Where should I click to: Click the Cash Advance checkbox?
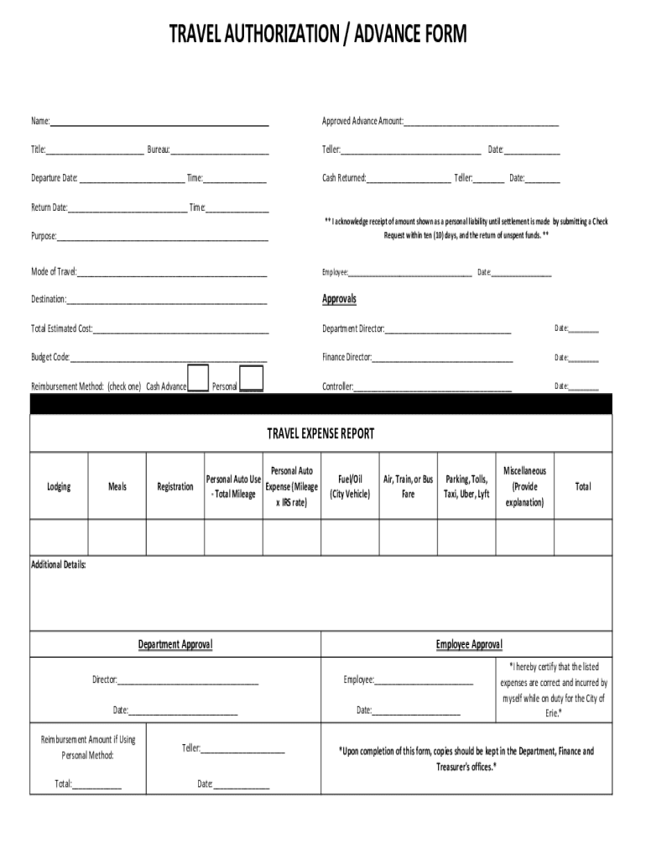pyautogui.click(x=198, y=378)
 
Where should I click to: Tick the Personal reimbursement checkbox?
pyautogui.click(x=251, y=378)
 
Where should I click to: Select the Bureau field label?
pyautogui.click(x=159, y=149)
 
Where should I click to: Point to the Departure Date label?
pyautogui.click(x=55, y=178)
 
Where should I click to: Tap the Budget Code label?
pyautogui.click(x=50, y=357)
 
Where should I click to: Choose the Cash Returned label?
pyautogui.click(x=344, y=178)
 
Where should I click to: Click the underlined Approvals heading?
pyautogui.click(x=340, y=299)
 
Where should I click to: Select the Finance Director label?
pyautogui.click(x=346, y=357)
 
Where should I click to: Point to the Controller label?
pyautogui.click(x=338, y=387)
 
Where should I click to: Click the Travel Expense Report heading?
pyautogui.click(x=320, y=433)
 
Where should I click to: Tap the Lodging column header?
pyautogui.click(x=59, y=486)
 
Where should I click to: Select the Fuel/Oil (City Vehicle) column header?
pyautogui.click(x=350, y=486)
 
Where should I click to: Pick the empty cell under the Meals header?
pyautogui.click(x=117, y=537)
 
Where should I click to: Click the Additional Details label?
pyautogui.click(x=59, y=564)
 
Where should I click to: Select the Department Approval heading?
pyautogui.click(x=175, y=644)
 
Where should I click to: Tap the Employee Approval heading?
pyautogui.click(x=469, y=644)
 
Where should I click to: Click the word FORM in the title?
pyautogui.click(x=435, y=34)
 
